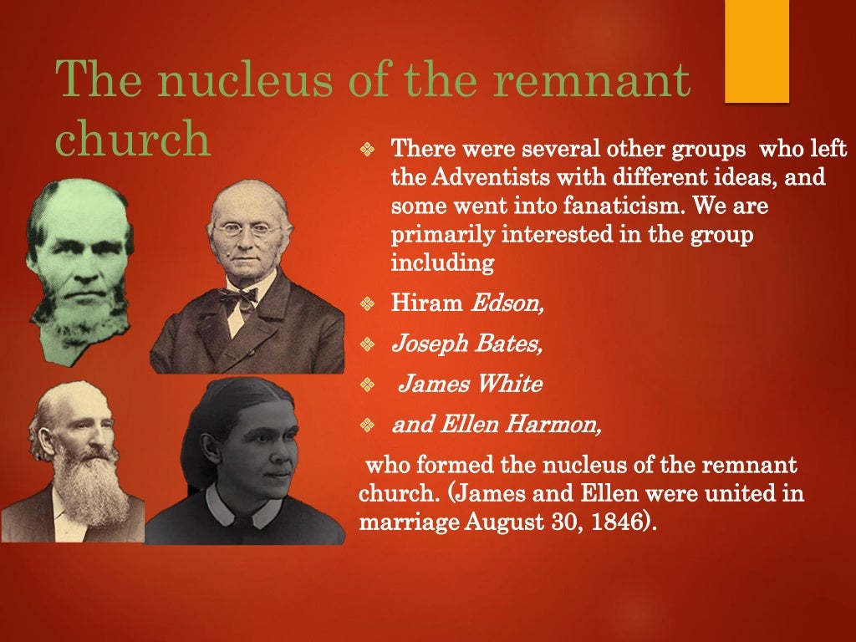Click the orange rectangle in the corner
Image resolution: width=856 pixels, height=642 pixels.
click(x=757, y=51)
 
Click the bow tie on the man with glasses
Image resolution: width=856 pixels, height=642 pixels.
click(x=238, y=298)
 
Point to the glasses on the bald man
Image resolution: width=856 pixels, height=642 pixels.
click(x=247, y=228)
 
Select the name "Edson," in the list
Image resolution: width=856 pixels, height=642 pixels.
click(x=507, y=302)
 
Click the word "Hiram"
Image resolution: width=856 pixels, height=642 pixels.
click(x=427, y=302)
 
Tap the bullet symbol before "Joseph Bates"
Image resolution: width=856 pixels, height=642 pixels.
click(x=365, y=344)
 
